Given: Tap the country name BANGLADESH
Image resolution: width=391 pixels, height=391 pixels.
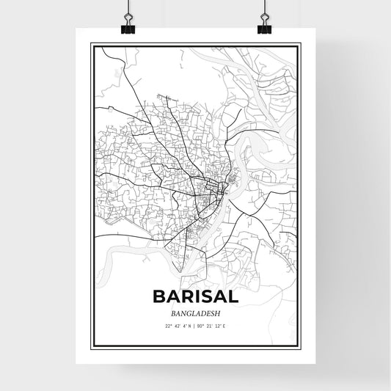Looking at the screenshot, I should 194,312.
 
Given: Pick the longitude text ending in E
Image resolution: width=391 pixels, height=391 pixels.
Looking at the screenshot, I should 216,325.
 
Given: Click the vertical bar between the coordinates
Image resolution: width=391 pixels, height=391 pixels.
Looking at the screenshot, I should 195,325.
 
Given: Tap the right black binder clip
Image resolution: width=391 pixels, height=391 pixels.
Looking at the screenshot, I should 263,26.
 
